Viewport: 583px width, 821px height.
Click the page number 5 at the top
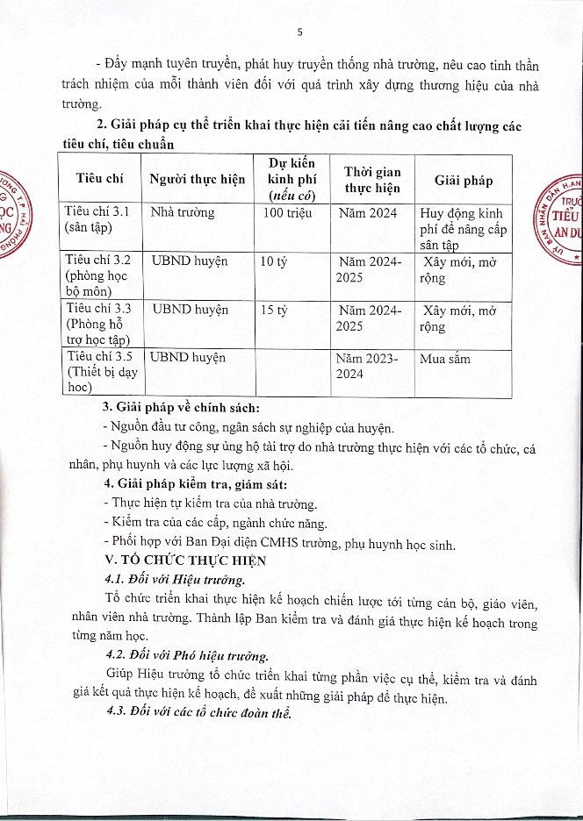pyautogui.click(x=300, y=32)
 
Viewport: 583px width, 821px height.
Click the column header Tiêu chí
pyautogui.click(x=99, y=179)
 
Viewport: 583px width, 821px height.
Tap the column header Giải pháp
pyautogui.click(x=464, y=180)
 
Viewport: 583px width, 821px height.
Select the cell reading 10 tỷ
pyautogui.click(x=269, y=261)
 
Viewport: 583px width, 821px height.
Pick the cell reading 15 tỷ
pyautogui.click(x=269, y=309)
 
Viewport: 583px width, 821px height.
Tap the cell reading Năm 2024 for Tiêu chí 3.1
pyautogui.click(x=367, y=212)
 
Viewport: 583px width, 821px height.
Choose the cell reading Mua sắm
pyautogui.click(x=445, y=358)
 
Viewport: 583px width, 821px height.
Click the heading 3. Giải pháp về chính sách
pyautogui.click(x=181, y=410)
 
